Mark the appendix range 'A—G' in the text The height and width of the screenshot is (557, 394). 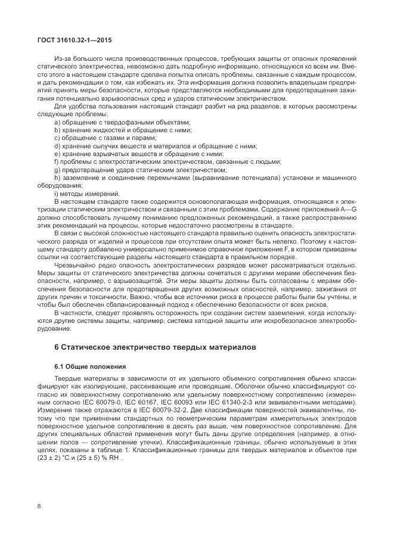(x=349, y=210)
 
